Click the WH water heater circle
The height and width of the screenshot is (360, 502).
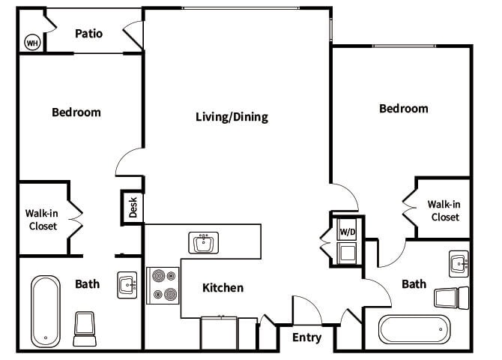click(32, 42)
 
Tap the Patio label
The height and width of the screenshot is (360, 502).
click(88, 34)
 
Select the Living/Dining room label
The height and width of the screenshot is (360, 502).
click(232, 117)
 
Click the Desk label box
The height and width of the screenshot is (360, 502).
click(133, 208)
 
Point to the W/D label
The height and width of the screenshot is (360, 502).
click(348, 232)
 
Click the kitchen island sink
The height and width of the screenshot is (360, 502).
click(203, 243)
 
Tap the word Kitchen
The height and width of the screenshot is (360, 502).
click(223, 287)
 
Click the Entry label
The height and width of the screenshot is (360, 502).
click(306, 337)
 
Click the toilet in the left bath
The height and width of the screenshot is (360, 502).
click(85, 328)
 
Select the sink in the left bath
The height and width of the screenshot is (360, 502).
click(127, 285)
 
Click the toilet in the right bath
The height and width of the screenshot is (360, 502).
click(451, 298)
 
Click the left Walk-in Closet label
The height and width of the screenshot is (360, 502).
click(43, 219)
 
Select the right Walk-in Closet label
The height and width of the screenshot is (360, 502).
click(444, 210)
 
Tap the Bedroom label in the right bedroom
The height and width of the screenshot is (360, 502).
click(403, 109)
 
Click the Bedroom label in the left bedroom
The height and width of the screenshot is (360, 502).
click(76, 112)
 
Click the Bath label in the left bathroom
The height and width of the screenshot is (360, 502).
click(87, 283)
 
